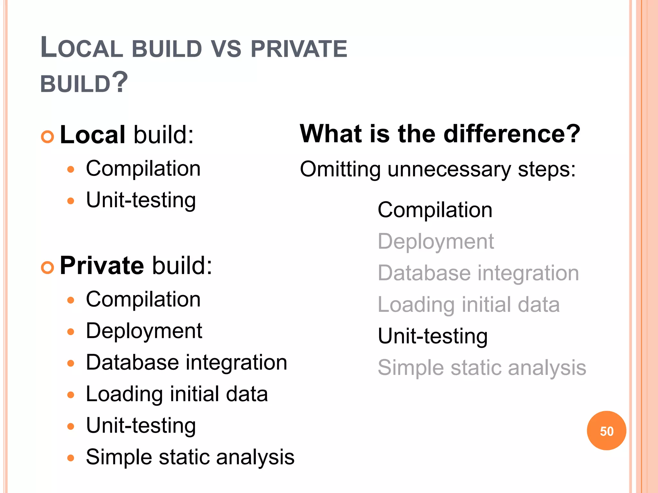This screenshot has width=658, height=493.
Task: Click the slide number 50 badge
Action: point(606,431)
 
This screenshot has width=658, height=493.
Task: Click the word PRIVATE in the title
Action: point(299,49)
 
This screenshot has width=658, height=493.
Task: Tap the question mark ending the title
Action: point(120,82)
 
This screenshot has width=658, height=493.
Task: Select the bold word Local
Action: point(92,134)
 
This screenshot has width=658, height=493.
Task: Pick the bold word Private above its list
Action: point(102,265)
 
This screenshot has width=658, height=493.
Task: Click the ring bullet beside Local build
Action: point(48,137)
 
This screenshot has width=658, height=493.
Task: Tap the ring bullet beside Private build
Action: point(48,267)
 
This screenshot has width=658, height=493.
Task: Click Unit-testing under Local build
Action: point(141,200)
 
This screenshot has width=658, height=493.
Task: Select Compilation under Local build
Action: point(143,169)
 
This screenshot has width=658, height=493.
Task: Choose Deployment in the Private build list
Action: point(144,331)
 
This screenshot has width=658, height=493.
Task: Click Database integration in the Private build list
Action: point(186,362)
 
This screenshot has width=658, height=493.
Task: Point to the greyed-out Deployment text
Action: point(435,241)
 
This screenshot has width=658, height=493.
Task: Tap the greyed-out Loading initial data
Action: point(468,304)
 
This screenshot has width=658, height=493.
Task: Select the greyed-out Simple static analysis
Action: point(482,368)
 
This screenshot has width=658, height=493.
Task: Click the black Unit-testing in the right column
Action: point(432,336)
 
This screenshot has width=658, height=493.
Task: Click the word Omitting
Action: point(340,169)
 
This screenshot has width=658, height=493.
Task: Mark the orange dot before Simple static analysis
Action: point(71,458)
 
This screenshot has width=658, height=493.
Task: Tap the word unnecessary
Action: point(449,169)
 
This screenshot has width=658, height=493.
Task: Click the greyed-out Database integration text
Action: point(478,273)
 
